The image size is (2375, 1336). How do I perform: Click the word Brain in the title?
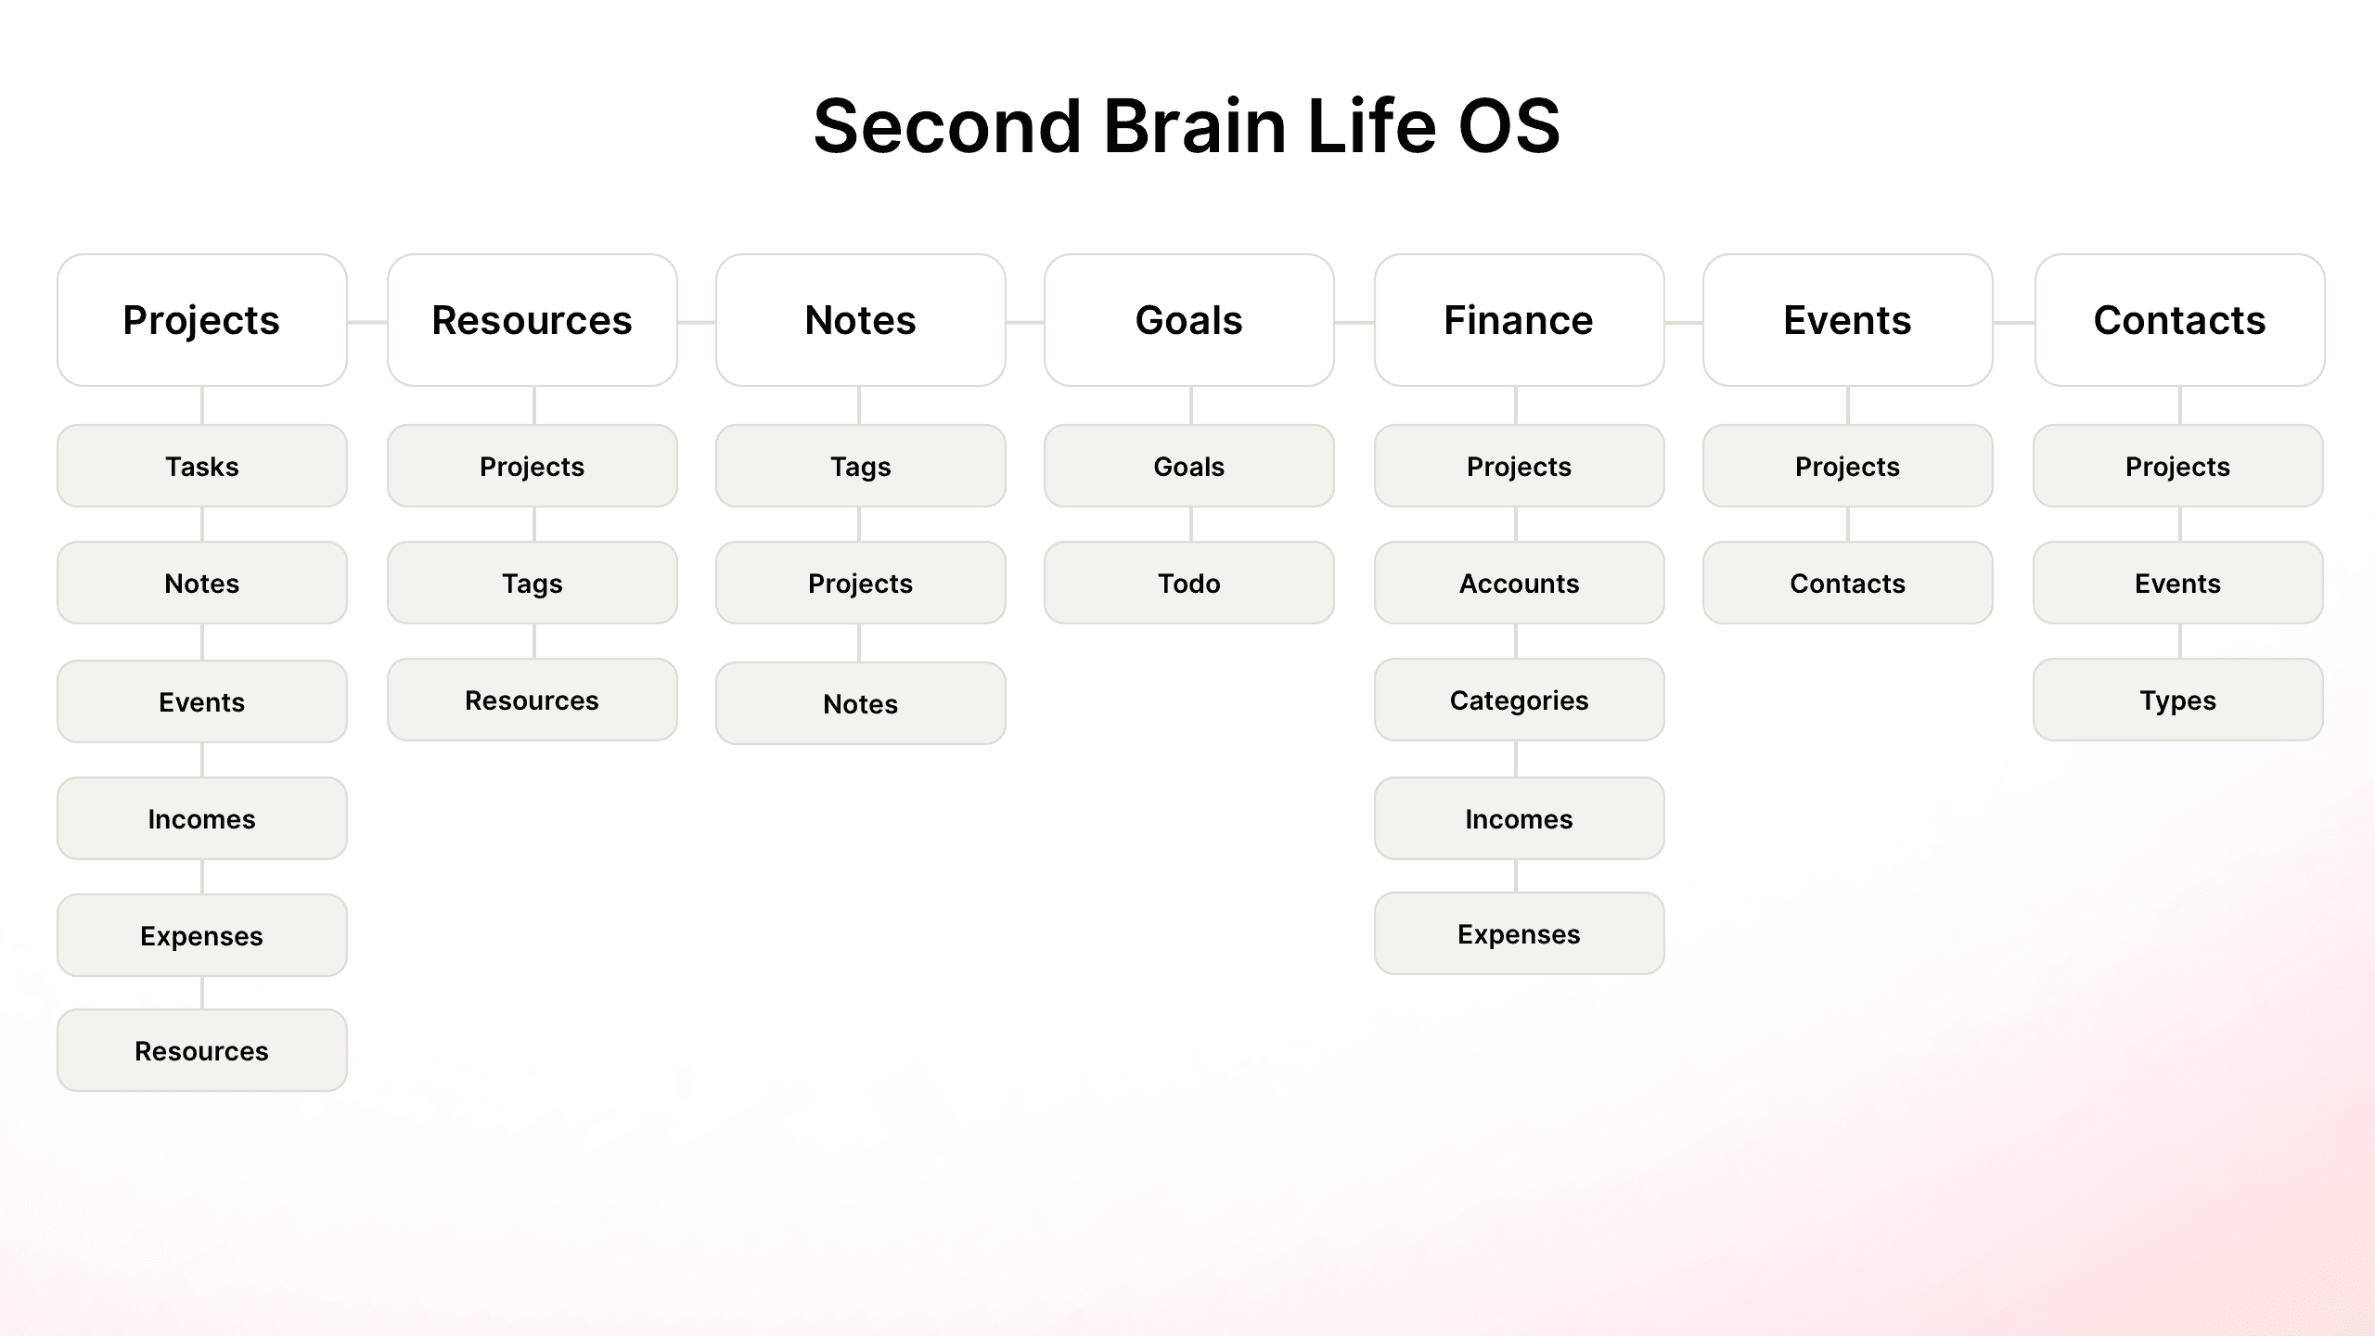(x=1194, y=126)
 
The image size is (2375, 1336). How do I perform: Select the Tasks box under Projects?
(x=202, y=466)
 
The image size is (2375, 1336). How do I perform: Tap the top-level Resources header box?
(x=533, y=320)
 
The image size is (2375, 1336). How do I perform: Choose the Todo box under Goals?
(x=1189, y=583)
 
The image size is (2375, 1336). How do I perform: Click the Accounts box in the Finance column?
(x=1520, y=583)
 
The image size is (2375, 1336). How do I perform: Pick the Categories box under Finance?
(x=1520, y=700)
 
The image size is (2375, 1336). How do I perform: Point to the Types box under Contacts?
(x=2178, y=700)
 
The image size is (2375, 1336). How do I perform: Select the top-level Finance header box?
(x=1520, y=320)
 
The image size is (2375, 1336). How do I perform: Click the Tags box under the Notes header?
(x=861, y=466)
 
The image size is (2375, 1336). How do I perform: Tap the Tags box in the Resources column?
(x=533, y=583)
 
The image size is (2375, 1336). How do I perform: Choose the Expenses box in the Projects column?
(x=202, y=935)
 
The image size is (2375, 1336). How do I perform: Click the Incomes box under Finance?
(x=1520, y=818)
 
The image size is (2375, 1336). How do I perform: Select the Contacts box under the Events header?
(x=1848, y=583)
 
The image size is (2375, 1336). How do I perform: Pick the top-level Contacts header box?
(x=2180, y=320)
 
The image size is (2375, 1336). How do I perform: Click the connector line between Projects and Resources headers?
(x=367, y=322)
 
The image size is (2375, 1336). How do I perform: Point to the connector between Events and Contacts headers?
(x=2014, y=322)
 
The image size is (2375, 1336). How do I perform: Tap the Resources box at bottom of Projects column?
(x=202, y=1050)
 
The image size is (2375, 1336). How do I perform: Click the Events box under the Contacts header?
(x=2178, y=583)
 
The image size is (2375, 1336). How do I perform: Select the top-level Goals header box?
(x=1189, y=320)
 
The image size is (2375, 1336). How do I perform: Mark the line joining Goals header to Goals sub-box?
(x=1191, y=405)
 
